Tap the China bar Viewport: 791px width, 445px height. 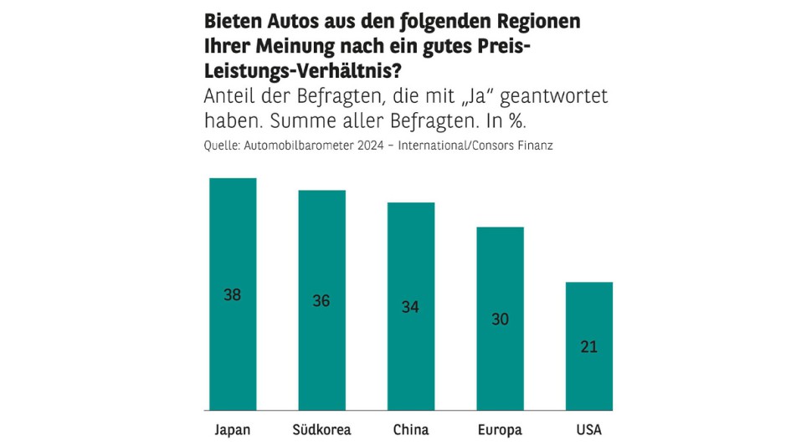(x=410, y=251)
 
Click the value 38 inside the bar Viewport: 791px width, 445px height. (x=232, y=294)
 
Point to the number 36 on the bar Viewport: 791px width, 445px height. (x=321, y=301)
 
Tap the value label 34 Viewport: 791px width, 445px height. (x=410, y=307)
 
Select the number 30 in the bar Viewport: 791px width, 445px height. (x=500, y=320)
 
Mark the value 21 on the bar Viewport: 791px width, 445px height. (x=589, y=347)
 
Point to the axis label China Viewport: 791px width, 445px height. (x=410, y=431)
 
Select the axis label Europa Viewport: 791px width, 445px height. (x=500, y=431)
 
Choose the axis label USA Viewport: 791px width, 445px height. (x=589, y=431)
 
